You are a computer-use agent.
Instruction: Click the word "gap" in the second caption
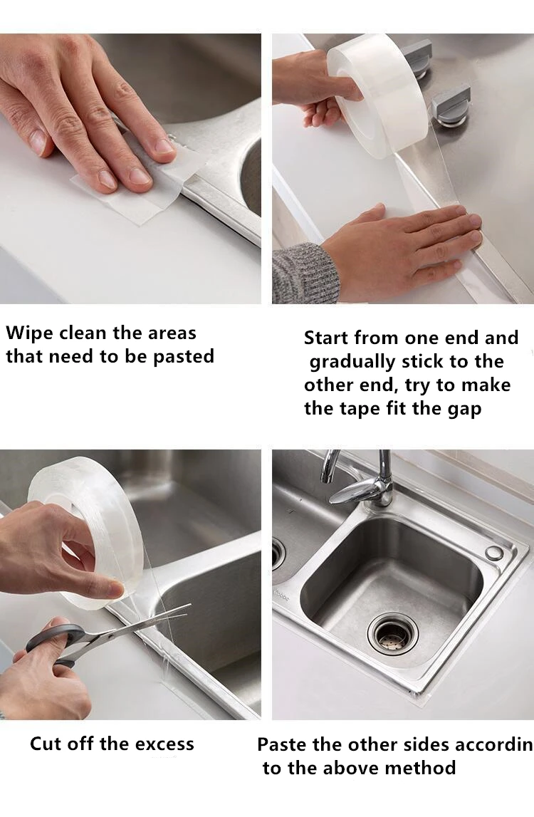coord(464,410)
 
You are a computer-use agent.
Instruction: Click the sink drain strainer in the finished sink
coord(393,634)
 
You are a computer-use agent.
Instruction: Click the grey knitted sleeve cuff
coord(305,273)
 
